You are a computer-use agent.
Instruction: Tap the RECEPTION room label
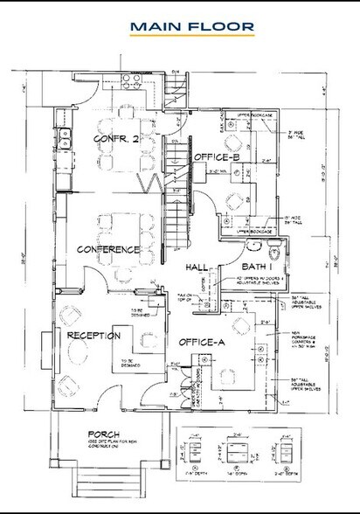pos(87,335)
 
